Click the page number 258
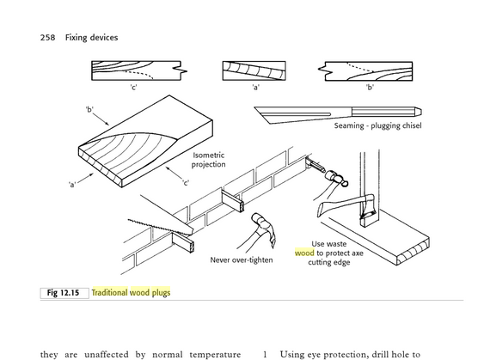tap(47, 38)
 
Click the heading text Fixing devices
tap(91, 38)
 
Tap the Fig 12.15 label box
tap(64, 293)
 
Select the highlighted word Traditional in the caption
tap(109, 292)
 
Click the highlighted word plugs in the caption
tap(161, 292)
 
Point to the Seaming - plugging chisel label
tap(377, 125)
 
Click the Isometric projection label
tap(208, 160)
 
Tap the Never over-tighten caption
tap(242, 260)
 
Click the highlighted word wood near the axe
tap(304, 253)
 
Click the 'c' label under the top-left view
tap(133, 88)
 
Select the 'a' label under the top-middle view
tap(255, 88)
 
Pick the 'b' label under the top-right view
tap(370, 88)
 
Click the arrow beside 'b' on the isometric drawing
tap(101, 119)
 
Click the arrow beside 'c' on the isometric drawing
tap(175, 173)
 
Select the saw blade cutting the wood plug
tap(161, 227)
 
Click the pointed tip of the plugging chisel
tap(254, 107)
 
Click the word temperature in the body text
tap(215, 355)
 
